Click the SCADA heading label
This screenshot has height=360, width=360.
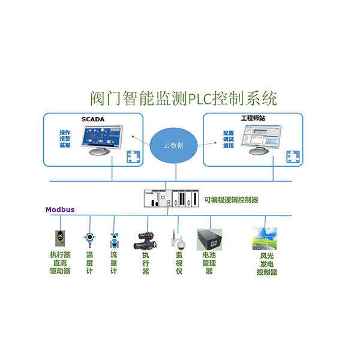click(x=92, y=119)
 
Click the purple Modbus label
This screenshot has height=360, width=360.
click(x=60, y=209)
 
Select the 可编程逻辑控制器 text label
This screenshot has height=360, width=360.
click(x=231, y=200)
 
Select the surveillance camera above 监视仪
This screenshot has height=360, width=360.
click(x=178, y=239)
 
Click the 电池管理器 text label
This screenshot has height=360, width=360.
click(x=209, y=263)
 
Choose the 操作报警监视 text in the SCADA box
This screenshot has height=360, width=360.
click(x=65, y=138)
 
